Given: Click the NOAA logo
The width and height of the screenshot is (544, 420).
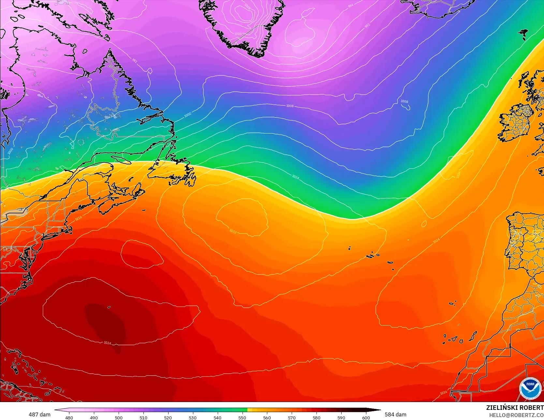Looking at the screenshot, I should [x=530, y=388].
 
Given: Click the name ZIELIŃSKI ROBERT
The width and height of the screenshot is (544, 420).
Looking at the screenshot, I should [x=515, y=408].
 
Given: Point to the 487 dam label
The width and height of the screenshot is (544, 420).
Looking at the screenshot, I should [x=39, y=414].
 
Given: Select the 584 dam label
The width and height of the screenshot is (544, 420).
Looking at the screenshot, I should [x=395, y=414].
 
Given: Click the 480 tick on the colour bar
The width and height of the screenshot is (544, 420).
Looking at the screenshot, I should [x=69, y=417].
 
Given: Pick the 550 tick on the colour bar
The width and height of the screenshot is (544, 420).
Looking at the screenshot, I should [x=242, y=417].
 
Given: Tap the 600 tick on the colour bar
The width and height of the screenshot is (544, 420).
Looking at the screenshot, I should [x=366, y=417].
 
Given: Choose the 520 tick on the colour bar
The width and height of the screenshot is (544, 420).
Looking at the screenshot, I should [x=168, y=417].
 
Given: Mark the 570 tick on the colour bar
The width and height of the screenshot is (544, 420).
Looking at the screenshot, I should [x=291, y=417].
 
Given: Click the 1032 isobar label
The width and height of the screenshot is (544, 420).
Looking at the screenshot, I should [x=233, y=231].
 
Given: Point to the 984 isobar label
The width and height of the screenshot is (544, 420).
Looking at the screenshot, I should [x=350, y=6].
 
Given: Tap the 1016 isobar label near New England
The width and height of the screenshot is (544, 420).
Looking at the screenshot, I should [x=78, y=218].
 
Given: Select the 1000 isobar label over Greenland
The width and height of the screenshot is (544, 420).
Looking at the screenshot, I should [x=238, y=34].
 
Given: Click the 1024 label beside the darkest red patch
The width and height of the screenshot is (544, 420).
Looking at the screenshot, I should [x=107, y=343].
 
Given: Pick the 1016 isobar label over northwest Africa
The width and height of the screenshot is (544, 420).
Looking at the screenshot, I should [x=443, y=392].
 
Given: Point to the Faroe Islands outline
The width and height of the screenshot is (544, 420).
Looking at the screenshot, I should [x=524, y=33].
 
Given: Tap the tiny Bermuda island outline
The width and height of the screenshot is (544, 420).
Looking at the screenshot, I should [x=109, y=307].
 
